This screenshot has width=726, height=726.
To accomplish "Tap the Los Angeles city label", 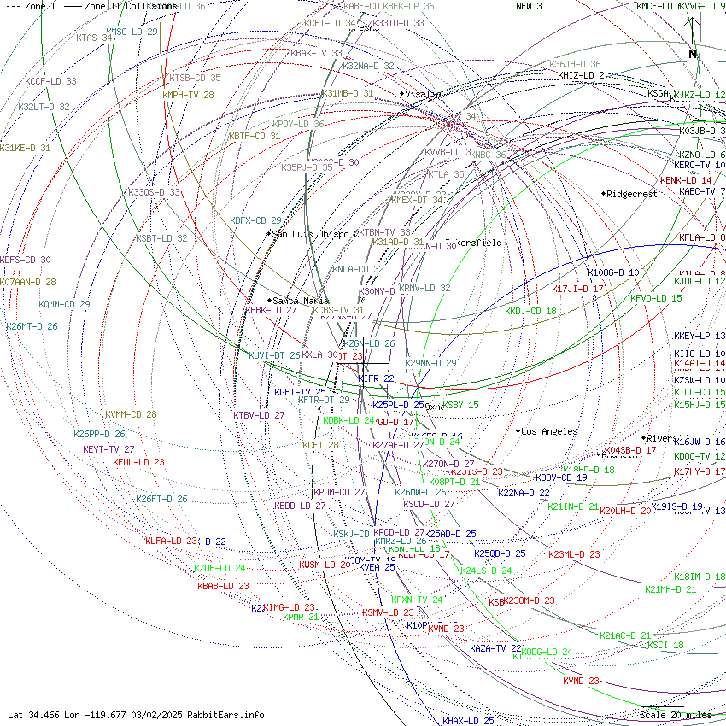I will tap(548, 431).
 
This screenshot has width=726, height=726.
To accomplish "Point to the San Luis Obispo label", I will tap(311, 233).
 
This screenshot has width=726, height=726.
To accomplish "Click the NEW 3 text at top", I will tap(529, 6).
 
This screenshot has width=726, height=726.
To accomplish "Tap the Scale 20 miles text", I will tap(676, 715).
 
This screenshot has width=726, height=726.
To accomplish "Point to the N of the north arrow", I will tap(693, 53).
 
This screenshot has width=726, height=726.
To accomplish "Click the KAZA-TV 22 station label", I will tap(495, 648).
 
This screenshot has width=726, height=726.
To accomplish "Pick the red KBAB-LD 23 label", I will tap(223, 586).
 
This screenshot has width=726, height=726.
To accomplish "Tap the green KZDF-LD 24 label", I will tap(220, 568).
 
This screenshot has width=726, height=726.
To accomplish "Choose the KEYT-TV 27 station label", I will tap(108, 448).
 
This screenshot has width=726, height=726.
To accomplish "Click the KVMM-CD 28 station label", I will tap(131, 414).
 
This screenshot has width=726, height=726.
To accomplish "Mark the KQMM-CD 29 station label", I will tap(64, 304).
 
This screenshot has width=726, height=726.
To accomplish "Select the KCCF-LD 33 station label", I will tap(50, 81).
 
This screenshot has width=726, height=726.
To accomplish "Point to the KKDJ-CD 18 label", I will tap(530, 311).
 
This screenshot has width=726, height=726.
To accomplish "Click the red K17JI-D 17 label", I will tap(578, 289).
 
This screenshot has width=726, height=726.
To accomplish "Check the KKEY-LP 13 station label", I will tap(700, 336).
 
